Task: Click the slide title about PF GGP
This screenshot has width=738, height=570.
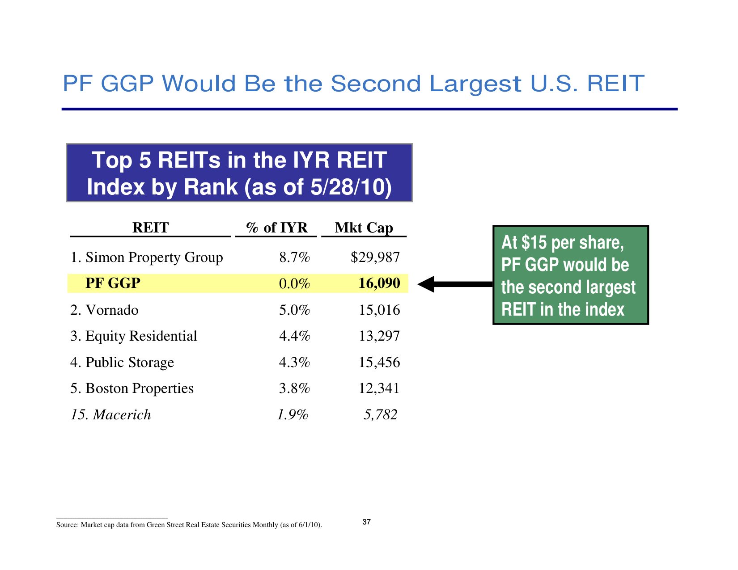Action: pos(353,84)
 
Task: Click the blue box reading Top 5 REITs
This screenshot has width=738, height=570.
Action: pos(239,173)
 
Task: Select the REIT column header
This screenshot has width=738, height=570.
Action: pos(150,228)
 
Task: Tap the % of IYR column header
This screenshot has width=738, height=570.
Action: pos(277,228)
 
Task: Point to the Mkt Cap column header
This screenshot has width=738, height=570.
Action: pos(364,228)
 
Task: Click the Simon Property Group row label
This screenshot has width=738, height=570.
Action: pos(146,258)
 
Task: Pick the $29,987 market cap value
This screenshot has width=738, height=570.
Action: pos(375,258)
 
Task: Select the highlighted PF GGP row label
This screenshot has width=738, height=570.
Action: pos(113,283)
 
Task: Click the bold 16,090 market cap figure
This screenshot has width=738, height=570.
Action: pos(379,283)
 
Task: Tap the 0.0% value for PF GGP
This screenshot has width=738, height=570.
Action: pos(294,284)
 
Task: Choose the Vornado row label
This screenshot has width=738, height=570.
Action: pos(104,310)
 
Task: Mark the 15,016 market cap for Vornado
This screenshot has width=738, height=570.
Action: pos(379,310)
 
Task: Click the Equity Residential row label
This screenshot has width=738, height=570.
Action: pos(133,336)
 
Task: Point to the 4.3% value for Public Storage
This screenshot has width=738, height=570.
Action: pos(294,363)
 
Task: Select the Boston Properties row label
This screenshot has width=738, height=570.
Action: pos(131,388)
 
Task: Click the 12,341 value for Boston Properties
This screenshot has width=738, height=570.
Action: pos(379,388)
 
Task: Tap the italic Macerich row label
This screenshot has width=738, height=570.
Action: pos(110,415)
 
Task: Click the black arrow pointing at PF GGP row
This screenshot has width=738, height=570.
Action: pos(454,284)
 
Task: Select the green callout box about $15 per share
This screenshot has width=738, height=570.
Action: pos(570,275)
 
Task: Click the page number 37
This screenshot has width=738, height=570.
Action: pos(366,522)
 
